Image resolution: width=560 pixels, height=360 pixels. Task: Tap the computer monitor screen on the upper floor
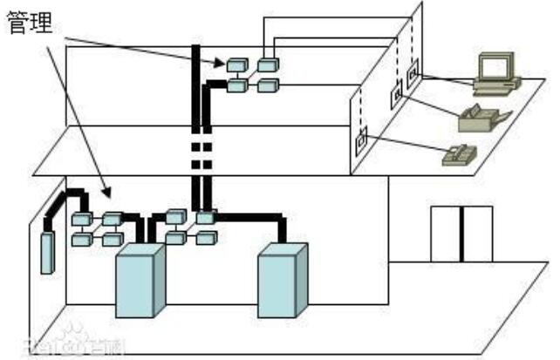[x=494, y=66]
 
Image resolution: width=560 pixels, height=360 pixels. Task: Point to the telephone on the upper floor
[x=459, y=155]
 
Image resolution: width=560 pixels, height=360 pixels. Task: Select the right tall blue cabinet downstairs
[x=282, y=279]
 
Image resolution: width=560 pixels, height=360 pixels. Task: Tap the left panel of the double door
[x=446, y=234]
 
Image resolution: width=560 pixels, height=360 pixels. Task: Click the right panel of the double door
[x=477, y=234]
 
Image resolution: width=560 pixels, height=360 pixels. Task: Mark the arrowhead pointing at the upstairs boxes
[x=221, y=63]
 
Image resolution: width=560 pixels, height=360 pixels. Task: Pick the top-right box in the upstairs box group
[x=267, y=65]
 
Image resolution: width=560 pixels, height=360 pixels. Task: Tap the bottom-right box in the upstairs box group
[x=267, y=85]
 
